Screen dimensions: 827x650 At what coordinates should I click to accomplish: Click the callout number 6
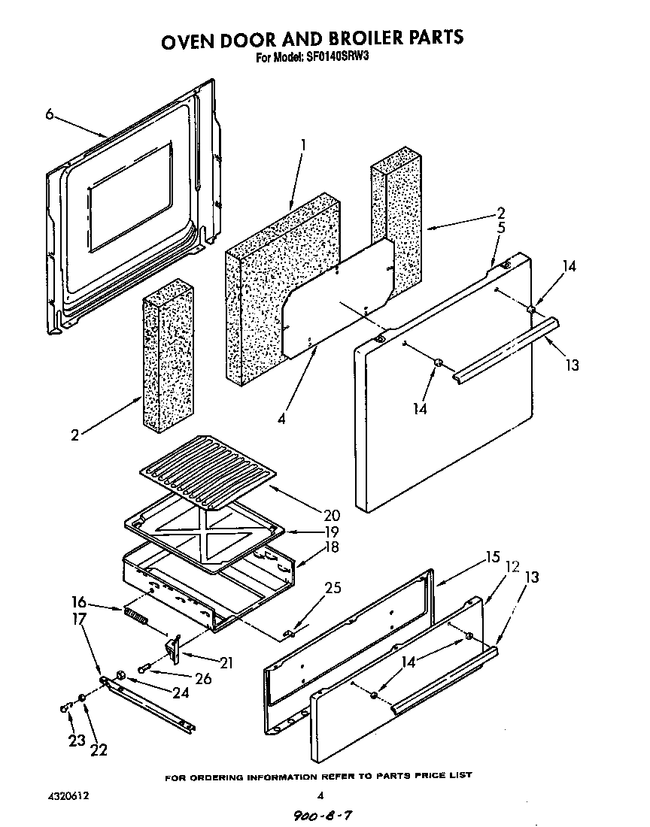coord(49,114)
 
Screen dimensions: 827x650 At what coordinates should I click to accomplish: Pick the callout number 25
coord(331,588)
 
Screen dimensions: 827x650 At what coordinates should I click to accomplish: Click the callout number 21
coord(226,662)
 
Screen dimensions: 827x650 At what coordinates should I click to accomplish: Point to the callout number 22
coord(99,749)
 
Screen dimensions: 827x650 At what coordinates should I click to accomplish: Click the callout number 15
coord(492,558)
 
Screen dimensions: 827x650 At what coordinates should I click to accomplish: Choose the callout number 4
coord(281,420)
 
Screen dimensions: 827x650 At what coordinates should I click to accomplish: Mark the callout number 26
coord(203,678)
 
